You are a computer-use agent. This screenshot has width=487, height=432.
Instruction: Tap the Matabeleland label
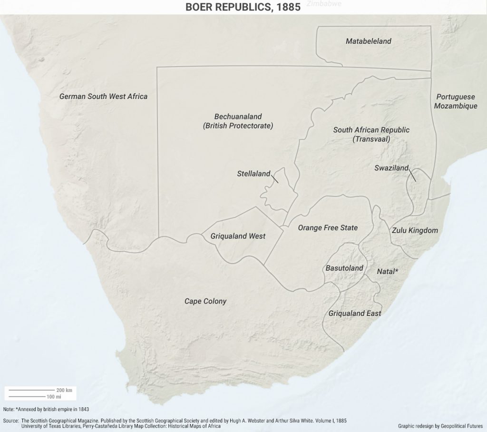(368, 41)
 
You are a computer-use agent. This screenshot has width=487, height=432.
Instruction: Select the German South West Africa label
(103, 97)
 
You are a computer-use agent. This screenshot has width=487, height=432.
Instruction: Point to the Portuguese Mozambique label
(455, 101)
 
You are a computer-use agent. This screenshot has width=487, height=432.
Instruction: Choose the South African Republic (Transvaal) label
(371, 135)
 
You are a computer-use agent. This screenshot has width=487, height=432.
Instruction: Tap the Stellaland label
(253, 174)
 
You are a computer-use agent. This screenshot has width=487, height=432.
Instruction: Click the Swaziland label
(391, 168)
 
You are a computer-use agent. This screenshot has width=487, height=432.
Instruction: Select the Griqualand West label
(238, 236)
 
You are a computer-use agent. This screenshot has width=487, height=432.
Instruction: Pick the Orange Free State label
(328, 228)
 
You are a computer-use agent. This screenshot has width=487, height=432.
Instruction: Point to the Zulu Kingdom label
(415, 230)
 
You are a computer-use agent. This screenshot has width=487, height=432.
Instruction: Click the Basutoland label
(344, 268)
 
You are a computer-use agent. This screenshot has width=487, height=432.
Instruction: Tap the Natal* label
(387, 272)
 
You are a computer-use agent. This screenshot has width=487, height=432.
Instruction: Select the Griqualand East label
(354, 314)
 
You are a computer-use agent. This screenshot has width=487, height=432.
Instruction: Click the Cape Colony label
(205, 301)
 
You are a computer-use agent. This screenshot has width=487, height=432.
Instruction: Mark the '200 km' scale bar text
(64, 390)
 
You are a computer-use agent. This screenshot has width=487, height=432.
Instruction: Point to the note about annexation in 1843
(46, 409)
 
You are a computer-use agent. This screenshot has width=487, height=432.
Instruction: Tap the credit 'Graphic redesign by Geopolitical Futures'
(440, 426)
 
